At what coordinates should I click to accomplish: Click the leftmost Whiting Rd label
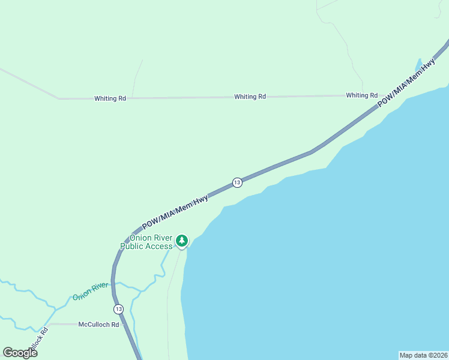coord(110,98)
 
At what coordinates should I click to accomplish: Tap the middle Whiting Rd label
coord(250,97)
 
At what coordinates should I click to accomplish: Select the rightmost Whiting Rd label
coord(361,95)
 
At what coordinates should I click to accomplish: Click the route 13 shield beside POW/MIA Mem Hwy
coord(237,182)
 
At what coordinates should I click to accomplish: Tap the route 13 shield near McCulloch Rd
coord(118,309)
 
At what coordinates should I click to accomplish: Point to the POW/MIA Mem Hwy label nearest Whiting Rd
coord(406,83)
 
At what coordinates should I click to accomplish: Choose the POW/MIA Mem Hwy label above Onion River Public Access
coord(175,212)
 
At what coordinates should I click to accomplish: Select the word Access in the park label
coord(158,247)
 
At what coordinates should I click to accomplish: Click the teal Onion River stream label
coord(90,291)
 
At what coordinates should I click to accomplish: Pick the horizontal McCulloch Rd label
coord(99,325)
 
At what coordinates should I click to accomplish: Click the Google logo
coord(20,353)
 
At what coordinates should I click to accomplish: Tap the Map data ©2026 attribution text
coord(423,355)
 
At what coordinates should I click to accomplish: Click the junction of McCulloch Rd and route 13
coord(123,325)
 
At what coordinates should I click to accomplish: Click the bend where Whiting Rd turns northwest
coord(59,98)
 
